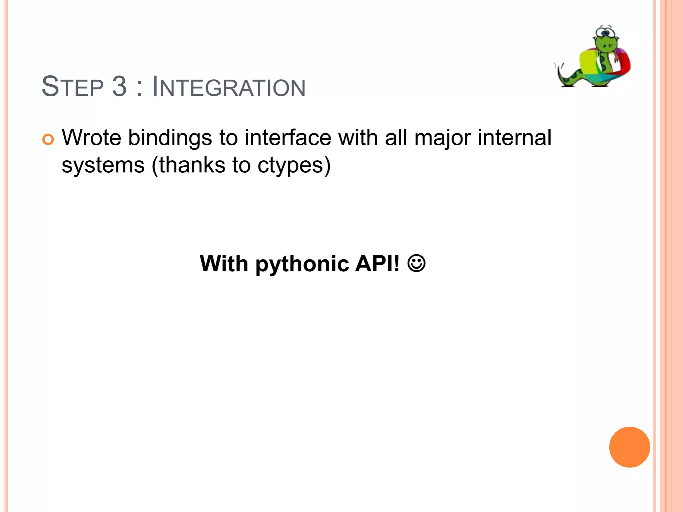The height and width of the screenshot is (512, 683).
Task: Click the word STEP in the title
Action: (x=73, y=87)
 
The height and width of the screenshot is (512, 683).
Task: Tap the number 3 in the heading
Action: (x=119, y=87)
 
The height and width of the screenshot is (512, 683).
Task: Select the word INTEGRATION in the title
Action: (x=228, y=87)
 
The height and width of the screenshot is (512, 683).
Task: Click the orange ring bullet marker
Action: (x=48, y=139)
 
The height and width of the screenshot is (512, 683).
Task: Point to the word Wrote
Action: (x=91, y=137)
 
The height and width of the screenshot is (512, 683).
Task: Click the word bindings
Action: (x=170, y=138)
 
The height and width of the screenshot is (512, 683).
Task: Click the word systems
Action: (x=103, y=165)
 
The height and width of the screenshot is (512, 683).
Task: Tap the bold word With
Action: (x=224, y=264)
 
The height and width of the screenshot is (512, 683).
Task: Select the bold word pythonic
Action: (x=302, y=264)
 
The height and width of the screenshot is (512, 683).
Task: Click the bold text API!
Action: (x=377, y=264)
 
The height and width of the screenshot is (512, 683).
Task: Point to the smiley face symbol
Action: (x=416, y=264)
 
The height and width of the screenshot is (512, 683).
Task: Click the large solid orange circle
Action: (x=629, y=447)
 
